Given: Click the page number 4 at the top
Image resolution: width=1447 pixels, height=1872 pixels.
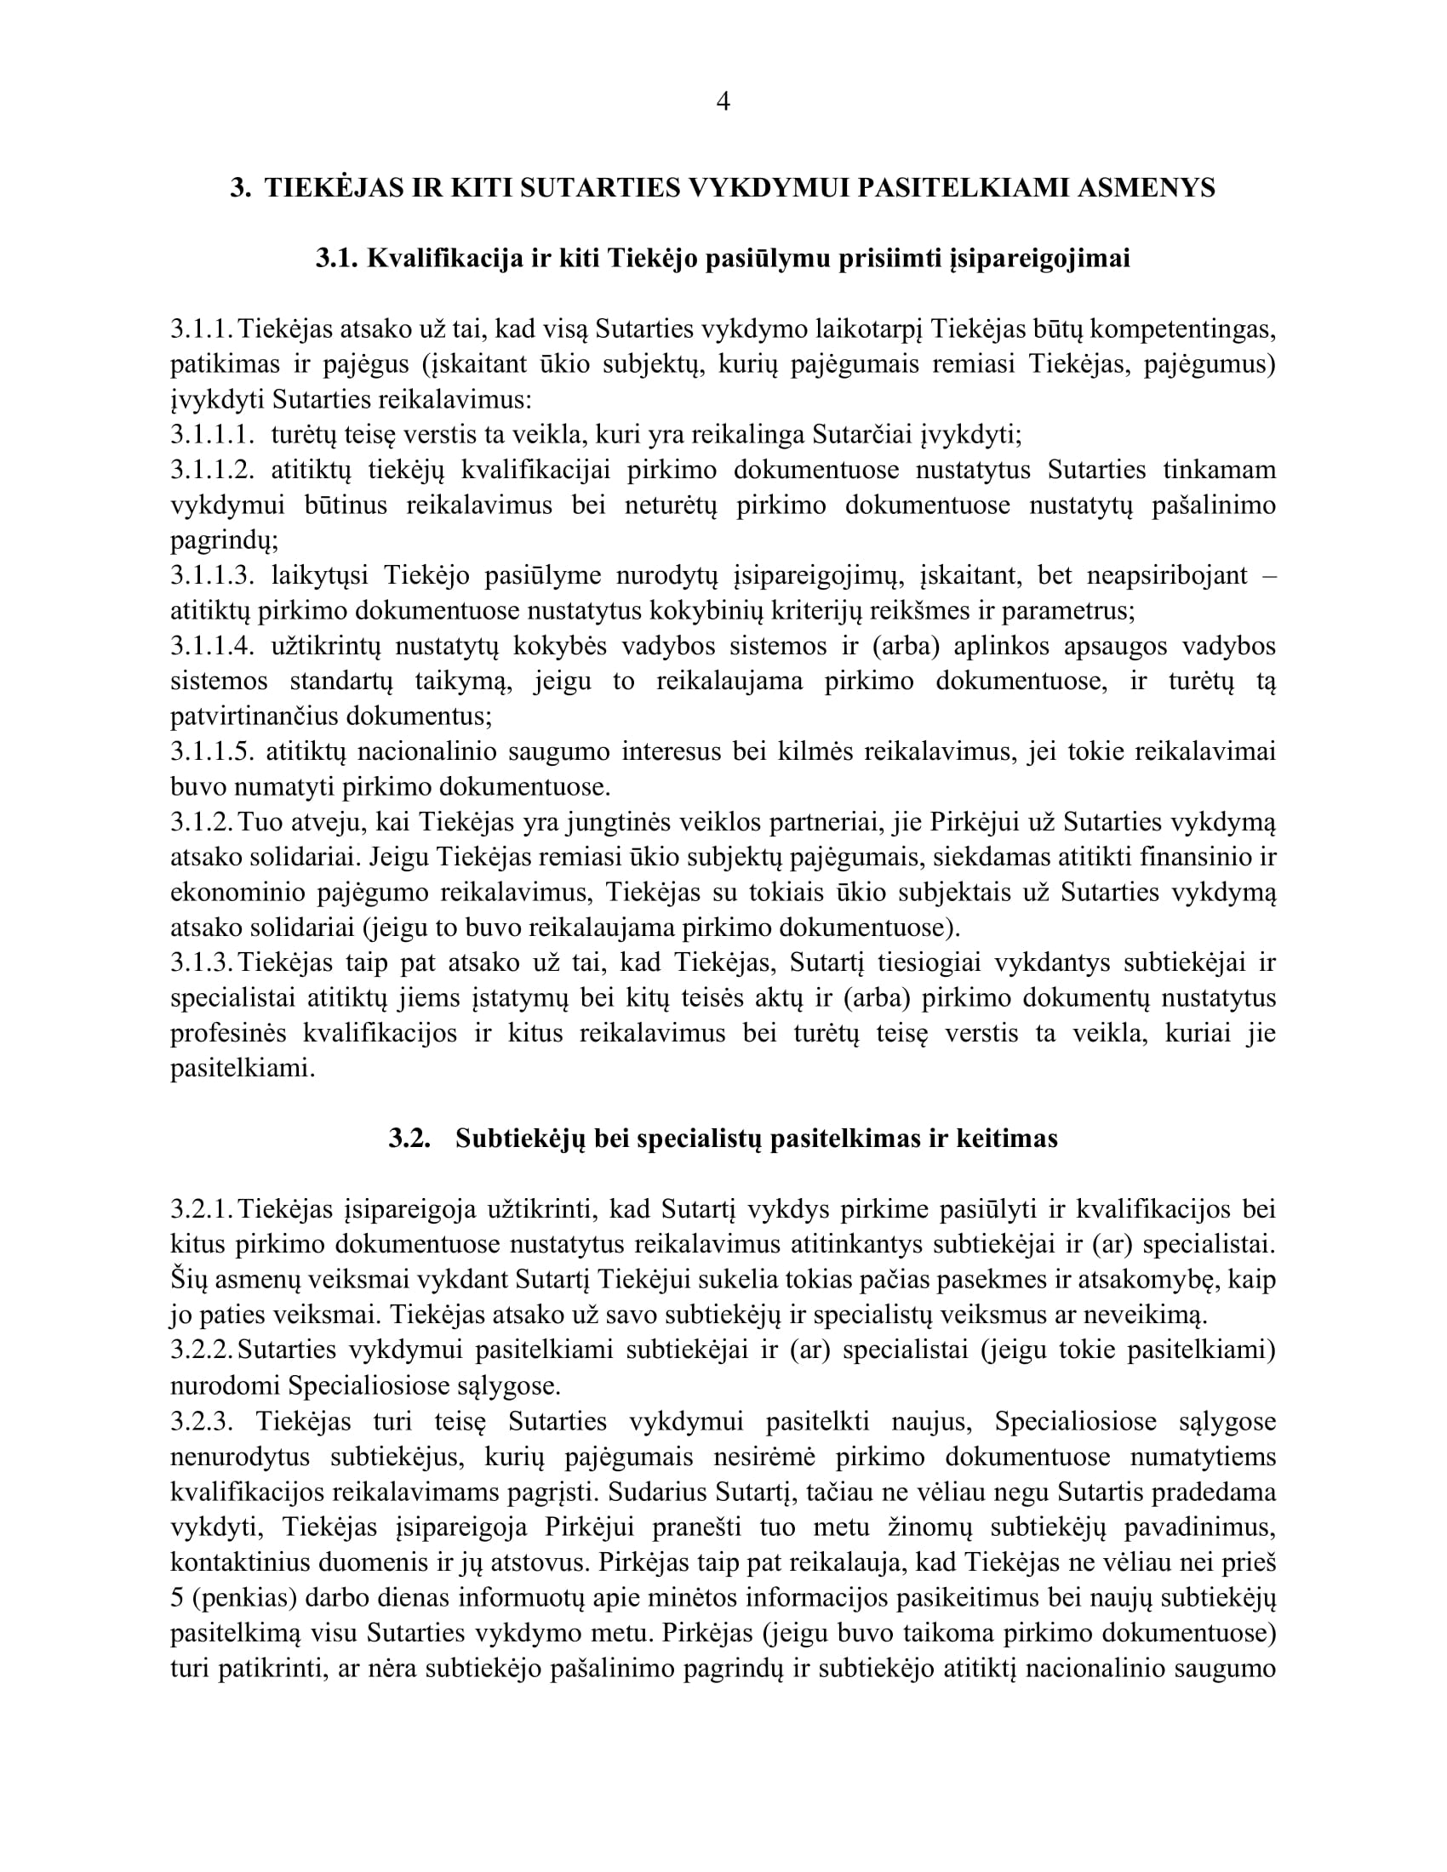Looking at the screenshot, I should pos(723,102).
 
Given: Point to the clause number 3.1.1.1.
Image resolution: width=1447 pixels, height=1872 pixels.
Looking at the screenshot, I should pos(212,435).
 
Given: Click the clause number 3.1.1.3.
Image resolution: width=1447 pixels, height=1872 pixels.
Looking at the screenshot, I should pos(212,575).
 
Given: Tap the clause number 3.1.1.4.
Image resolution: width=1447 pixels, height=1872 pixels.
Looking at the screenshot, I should pos(212,646).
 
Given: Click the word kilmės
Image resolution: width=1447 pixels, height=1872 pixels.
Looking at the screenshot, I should pos(815,751).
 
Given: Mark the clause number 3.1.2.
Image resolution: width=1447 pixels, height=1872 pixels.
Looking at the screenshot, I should pos(202,822).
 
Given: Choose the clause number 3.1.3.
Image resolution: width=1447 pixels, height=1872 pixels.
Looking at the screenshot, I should pos(202,962).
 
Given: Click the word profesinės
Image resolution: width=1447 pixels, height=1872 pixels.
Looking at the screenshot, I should pos(227,1034).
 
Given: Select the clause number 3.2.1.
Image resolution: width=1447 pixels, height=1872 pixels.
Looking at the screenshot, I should pos(202,1209).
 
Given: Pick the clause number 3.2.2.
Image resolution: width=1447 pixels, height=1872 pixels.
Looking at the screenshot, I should pos(202,1350).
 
